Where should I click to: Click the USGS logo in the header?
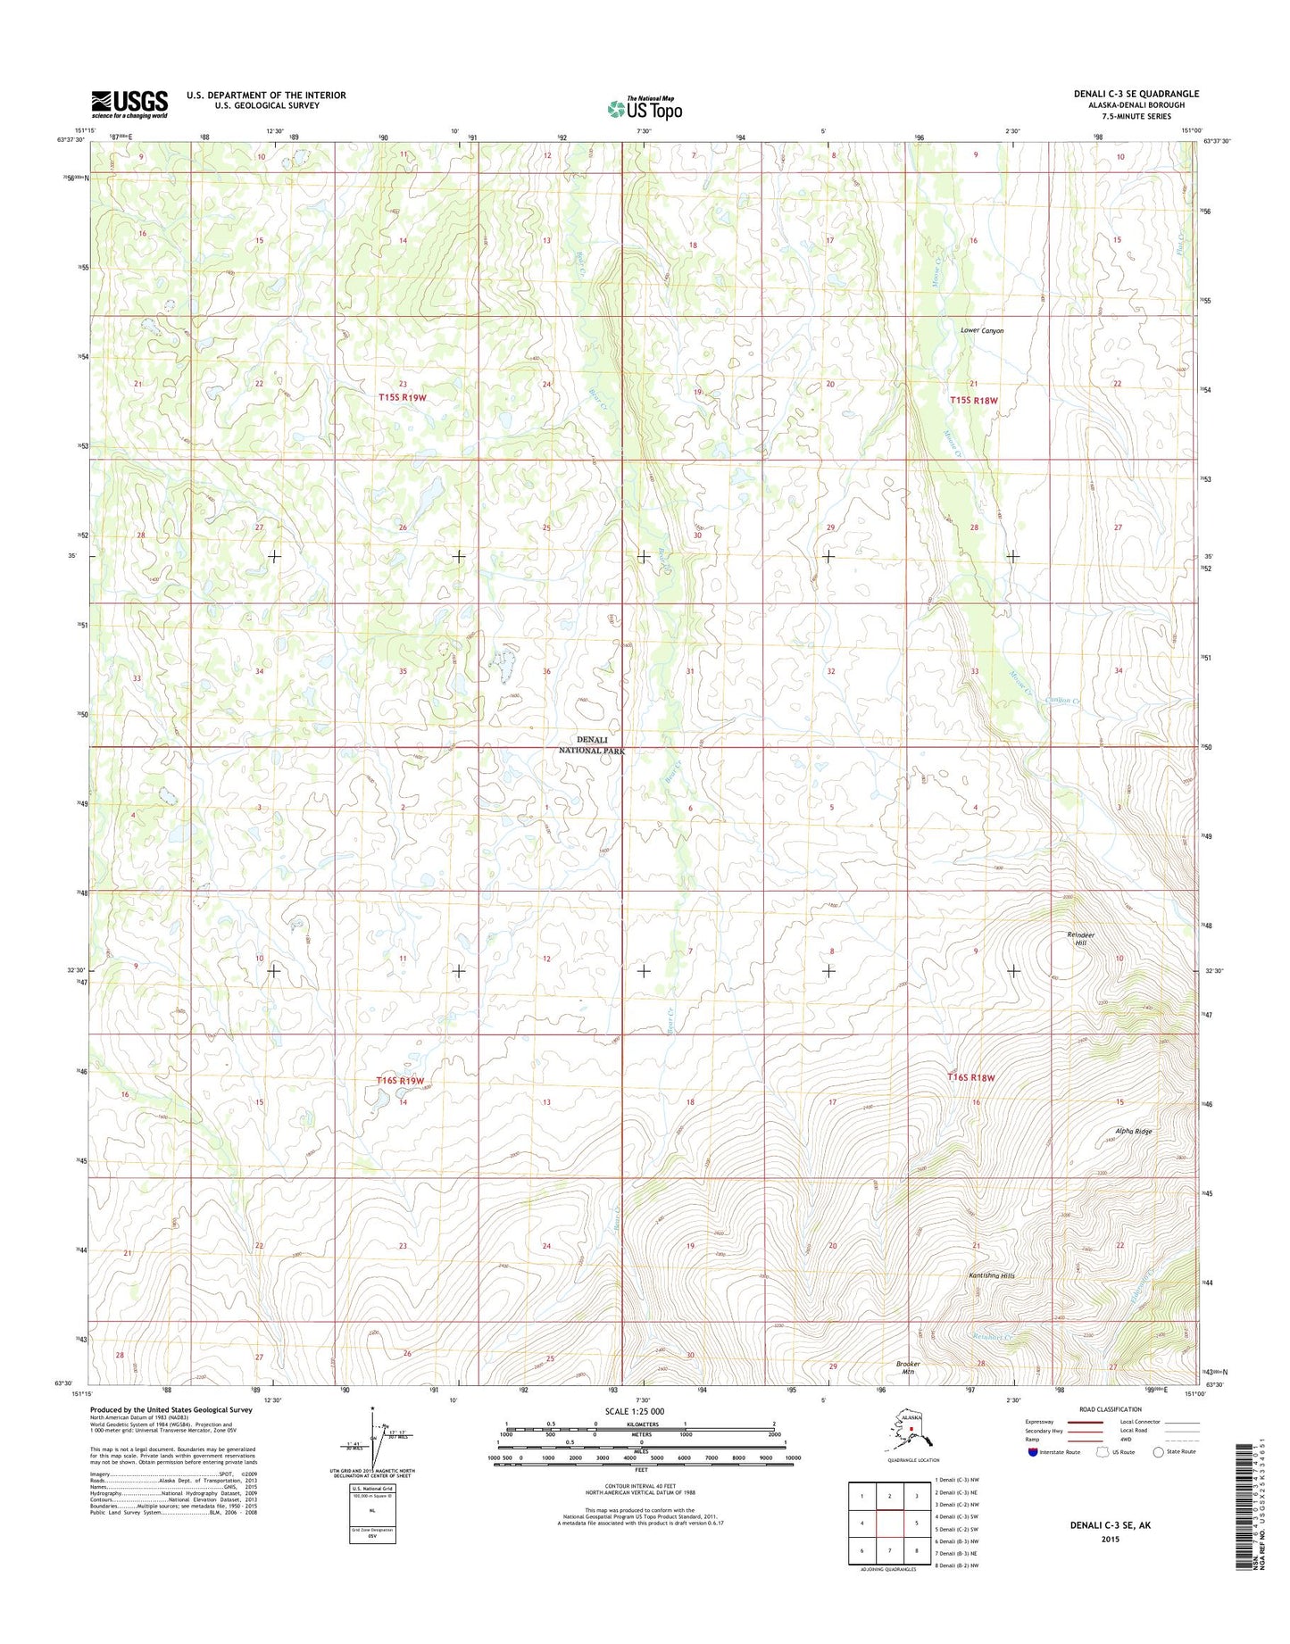tap(129, 104)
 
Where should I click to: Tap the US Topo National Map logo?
tap(645, 108)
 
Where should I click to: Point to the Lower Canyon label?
tap(982, 330)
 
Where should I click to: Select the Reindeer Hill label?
tap(1080, 938)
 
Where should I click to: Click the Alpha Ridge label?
tap(1134, 1132)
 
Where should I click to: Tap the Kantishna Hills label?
tap(992, 1275)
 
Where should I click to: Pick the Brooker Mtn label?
tap(908, 1367)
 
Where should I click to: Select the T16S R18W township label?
tap(970, 1077)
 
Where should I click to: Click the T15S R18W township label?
tap(973, 401)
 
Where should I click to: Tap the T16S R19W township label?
tap(400, 1081)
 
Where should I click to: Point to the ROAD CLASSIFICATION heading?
tap(1111, 1409)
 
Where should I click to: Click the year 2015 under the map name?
tap(1111, 1539)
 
